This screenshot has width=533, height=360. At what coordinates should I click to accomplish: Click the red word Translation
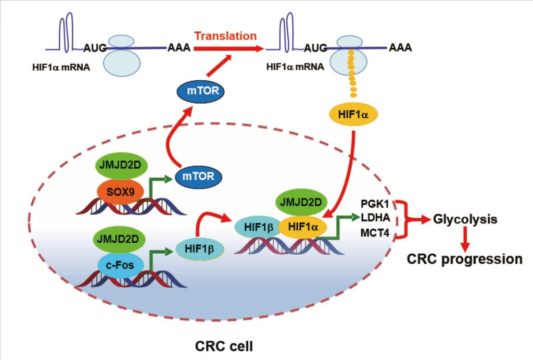[x=225, y=36]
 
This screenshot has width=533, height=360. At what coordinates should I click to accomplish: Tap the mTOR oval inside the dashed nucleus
[x=198, y=176]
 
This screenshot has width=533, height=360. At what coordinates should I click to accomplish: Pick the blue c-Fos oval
[x=120, y=265]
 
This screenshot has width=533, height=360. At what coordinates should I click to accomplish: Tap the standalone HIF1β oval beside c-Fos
[x=200, y=250]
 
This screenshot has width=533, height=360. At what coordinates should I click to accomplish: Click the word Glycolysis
[x=465, y=219]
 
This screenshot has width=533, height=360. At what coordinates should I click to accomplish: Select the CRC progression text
[x=464, y=259]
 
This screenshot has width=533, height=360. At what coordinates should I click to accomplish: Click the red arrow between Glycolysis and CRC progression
[x=465, y=239]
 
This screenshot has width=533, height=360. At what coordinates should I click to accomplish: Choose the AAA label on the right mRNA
[x=400, y=48]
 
